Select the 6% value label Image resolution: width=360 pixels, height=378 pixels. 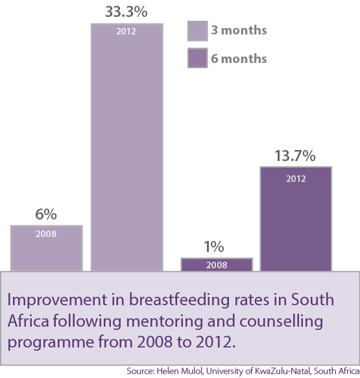(x=46, y=214)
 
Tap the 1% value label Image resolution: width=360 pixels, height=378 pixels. (x=215, y=247)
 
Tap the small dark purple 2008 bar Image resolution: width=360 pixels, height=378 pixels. (x=216, y=264)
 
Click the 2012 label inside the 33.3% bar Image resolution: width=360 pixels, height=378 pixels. (x=126, y=31)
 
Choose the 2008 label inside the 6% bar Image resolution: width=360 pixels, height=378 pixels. (x=46, y=234)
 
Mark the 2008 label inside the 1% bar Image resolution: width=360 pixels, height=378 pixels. (x=216, y=265)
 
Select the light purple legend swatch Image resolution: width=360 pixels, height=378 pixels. (x=197, y=31)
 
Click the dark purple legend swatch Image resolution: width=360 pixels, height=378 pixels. (x=197, y=58)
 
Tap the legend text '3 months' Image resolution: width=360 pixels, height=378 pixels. (x=238, y=31)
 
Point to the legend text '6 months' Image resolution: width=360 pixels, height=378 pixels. (x=238, y=58)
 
